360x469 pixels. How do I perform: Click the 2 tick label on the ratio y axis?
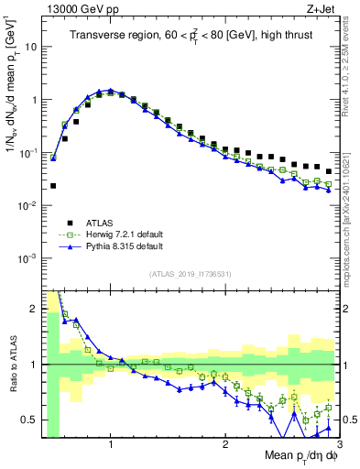31,309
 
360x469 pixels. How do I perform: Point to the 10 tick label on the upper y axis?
27,46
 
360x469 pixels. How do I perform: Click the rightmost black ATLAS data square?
329,171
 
